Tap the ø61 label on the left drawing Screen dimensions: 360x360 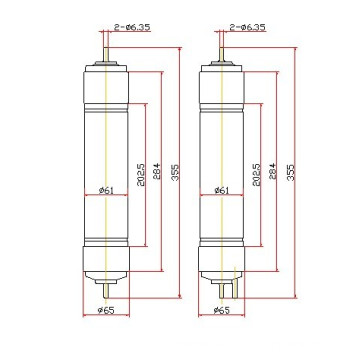coord(110,190)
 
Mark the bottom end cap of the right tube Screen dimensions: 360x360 coord(220,267)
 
